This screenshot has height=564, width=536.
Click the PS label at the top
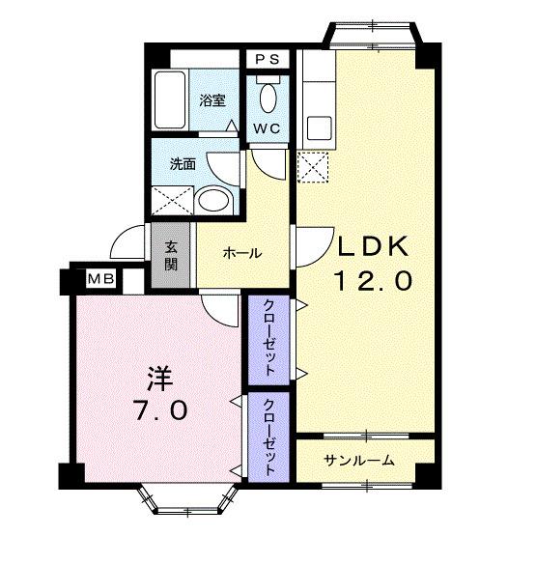[268, 59]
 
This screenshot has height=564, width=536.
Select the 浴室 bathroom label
[212, 99]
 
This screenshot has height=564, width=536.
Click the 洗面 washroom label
[183, 164]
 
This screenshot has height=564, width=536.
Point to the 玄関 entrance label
[170, 255]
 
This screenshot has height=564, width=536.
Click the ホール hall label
[241, 253]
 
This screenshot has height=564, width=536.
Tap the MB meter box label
[101, 279]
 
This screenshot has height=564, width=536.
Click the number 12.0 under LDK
[374, 281]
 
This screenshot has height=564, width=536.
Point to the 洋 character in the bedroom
[159, 373]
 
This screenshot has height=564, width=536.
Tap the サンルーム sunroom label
[358, 460]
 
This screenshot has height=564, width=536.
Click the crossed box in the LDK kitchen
[315, 169]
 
